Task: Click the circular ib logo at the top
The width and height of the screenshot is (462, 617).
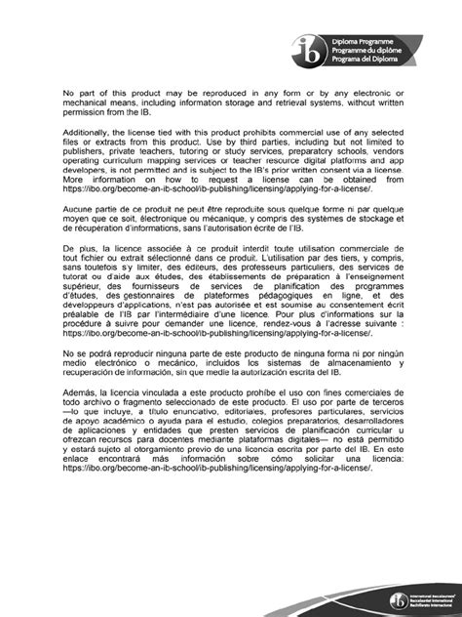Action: click(x=318, y=47)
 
